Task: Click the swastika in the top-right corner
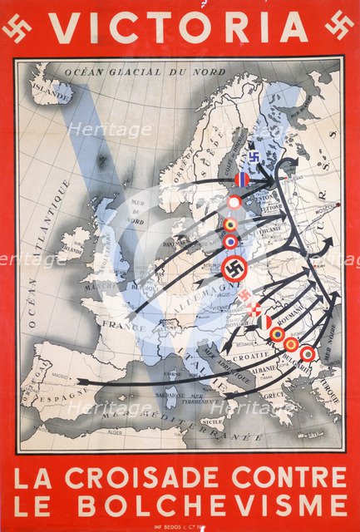(x=341, y=29)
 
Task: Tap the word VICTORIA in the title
(x=179, y=28)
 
